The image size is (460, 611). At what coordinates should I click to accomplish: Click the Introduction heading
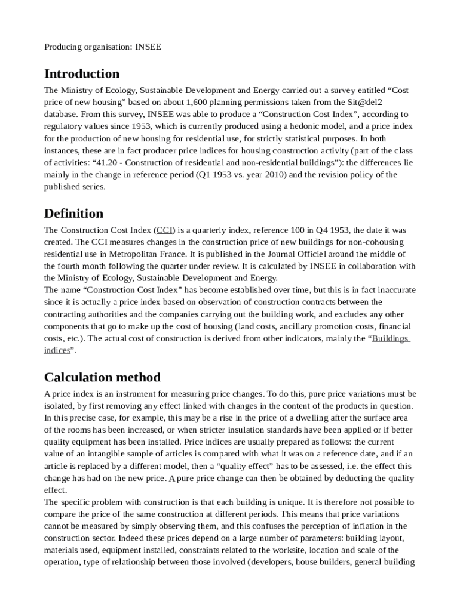click(x=82, y=74)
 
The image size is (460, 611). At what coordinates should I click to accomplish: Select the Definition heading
click(x=73, y=214)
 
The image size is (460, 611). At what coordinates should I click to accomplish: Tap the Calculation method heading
click(x=102, y=377)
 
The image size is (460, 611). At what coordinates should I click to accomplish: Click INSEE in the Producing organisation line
click(x=148, y=46)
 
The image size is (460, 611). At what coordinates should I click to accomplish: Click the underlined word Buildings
click(x=390, y=339)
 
